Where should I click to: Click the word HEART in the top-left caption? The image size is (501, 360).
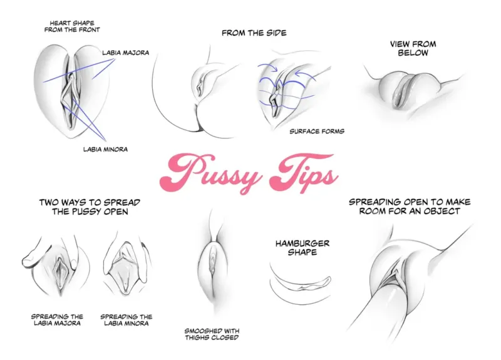point(61,23)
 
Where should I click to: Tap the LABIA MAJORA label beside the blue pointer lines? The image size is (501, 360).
point(126,53)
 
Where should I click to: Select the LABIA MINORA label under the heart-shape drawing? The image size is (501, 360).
point(105,149)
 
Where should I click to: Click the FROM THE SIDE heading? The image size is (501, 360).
point(254,33)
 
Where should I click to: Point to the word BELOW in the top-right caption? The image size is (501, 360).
point(413,53)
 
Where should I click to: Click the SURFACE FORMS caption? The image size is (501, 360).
point(317,131)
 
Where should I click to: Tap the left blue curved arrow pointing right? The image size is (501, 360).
point(268,67)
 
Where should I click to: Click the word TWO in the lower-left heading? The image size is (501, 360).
point(49,202)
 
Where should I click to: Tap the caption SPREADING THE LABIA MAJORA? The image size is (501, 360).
point(57,320)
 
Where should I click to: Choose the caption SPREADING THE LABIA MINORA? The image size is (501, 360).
point(127,320)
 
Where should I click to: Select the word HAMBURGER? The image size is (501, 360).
point(302,244)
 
